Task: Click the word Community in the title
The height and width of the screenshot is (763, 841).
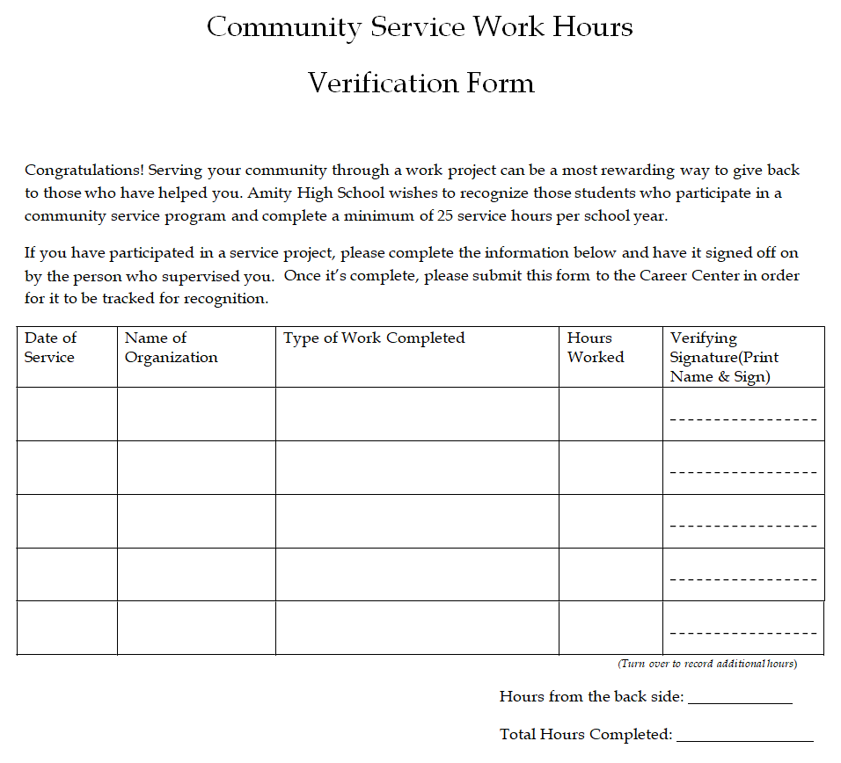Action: point(283,27)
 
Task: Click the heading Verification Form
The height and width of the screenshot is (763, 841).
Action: point(421,84)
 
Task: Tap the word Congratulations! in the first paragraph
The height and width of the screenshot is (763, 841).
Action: point(84,171)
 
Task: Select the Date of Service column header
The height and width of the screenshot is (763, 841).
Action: point(50,347)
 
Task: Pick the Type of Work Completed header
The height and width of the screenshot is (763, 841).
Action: point(374,338)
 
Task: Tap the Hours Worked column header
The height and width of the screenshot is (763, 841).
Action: point(596,347)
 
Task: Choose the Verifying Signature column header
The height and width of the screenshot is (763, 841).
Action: point(724,357)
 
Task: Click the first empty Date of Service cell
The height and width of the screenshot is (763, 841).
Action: point(67,414)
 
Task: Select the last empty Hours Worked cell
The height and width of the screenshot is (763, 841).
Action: point(611,628)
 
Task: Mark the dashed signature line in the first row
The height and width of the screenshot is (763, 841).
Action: point(743,419)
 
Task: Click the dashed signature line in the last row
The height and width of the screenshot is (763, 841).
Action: point(743,634)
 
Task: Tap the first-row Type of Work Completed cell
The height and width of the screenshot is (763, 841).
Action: point(417,414)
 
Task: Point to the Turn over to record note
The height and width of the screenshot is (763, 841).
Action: point(707,664)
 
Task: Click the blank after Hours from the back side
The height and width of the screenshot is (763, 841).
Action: point(740,696)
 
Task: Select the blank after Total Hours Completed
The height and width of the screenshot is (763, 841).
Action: point(744,734)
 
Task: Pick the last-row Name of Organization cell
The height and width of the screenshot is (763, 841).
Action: point(196,628)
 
